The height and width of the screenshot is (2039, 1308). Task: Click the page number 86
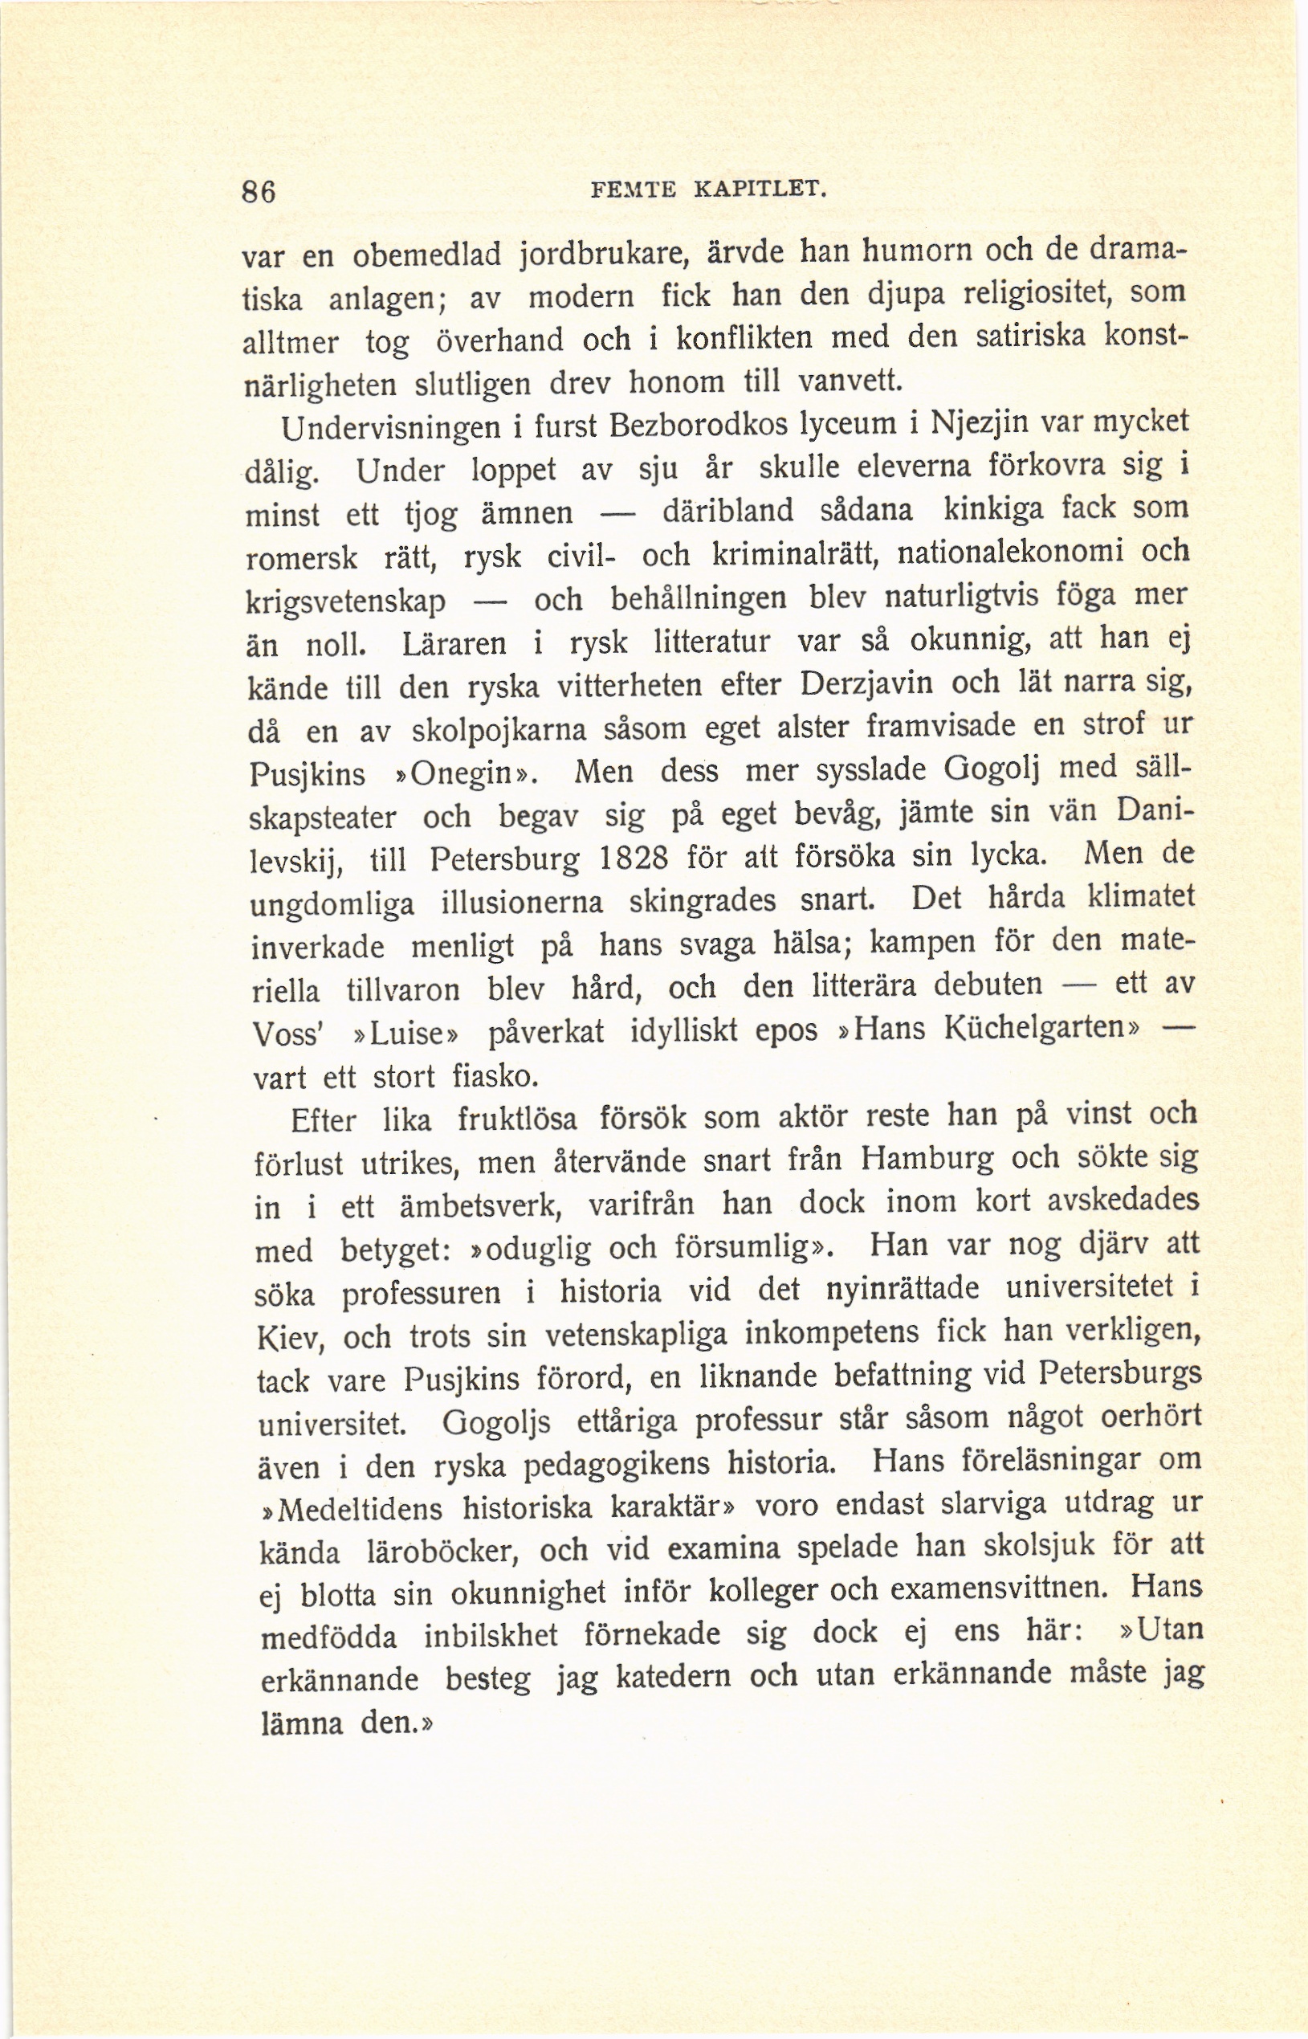click(x=259, y=193)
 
